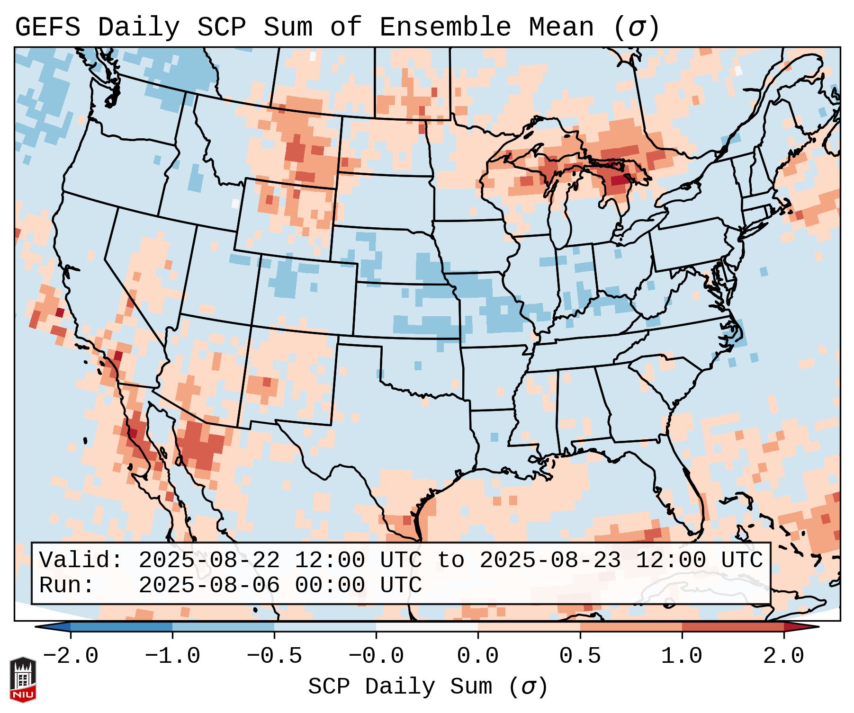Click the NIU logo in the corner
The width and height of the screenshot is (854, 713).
click(23, 679)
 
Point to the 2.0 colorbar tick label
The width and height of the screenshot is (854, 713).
click(783, 656)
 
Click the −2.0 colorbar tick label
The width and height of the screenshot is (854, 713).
click(71, 656)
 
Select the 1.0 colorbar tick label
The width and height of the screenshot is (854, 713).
click(682, 656)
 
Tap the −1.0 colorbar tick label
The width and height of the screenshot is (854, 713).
click(172, 656)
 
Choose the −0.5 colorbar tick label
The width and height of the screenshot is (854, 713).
click(274, 656)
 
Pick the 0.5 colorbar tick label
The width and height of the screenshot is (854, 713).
click(580, 656)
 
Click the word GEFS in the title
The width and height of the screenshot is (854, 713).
click(48, 27)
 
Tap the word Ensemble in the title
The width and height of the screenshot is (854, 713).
click(445, 27)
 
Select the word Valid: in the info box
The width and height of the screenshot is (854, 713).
click(81, 560)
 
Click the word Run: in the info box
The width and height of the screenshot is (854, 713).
click(67, 585)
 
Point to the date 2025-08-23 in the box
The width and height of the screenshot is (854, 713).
click(550, 560)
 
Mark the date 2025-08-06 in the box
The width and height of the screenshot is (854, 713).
click(209, 585)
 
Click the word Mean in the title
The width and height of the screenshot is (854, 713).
click(561, 27)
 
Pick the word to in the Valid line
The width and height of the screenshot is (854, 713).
click(450, 560)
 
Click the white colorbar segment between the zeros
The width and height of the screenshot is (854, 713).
click(427, 627)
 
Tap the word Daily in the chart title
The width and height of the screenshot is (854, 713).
click(139, 27)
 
